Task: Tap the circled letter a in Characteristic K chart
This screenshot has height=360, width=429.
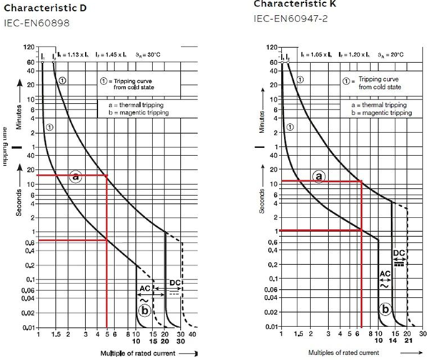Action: coord(319,176)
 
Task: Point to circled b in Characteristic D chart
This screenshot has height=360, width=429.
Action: coord(145,310)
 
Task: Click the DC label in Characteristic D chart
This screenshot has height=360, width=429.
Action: coord(174,283)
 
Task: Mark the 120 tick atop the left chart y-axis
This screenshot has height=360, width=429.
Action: coord(29,47)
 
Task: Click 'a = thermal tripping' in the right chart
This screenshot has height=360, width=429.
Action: coord(378,104)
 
